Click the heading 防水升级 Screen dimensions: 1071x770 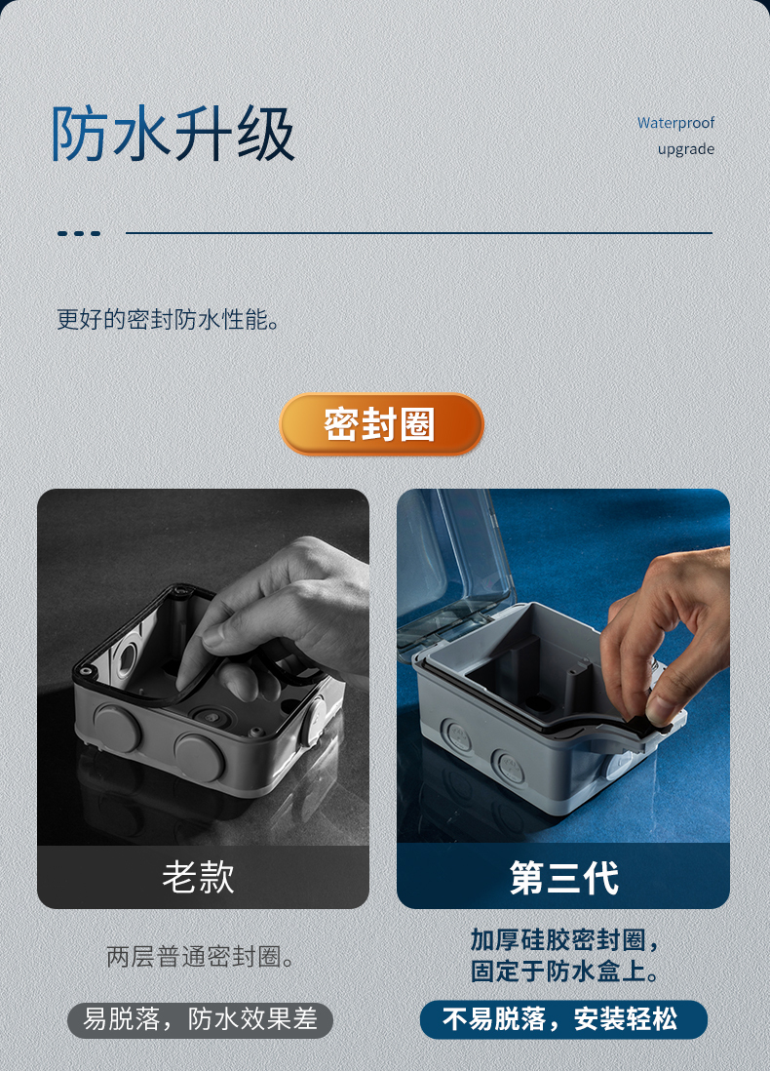pos(173,134)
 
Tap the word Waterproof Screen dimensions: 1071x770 pos(675,123)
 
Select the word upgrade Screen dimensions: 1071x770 pos(685,149)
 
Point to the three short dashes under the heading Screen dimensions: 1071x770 pos(79,233)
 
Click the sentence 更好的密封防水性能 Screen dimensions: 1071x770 pos(168,319)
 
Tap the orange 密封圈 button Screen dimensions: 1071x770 pos(381,424)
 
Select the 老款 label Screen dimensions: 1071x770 pos(199,877)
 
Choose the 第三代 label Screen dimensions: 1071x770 pos(563,877)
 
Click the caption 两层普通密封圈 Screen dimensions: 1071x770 pos(201,957)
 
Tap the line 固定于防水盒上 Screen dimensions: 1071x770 pos(564,972)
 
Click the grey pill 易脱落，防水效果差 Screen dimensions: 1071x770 pos(200,1019)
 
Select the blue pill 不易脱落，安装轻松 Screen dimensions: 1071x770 pos(563,1019)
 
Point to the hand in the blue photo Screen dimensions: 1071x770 pos(673,634)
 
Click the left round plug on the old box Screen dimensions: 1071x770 pos(117,727)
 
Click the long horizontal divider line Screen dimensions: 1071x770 pos(419,233)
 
